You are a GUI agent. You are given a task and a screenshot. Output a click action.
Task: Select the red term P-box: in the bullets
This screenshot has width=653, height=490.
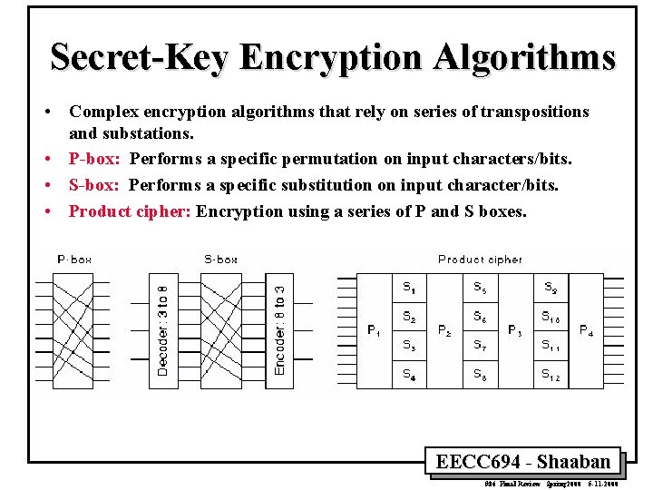coord(96,160)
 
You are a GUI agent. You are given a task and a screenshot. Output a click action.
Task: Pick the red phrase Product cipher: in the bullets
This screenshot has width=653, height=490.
coord(130,211)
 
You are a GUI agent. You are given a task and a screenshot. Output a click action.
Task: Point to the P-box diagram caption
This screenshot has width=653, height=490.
coord(74,260)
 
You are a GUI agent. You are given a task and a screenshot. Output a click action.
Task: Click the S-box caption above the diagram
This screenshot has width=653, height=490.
coord(220,260)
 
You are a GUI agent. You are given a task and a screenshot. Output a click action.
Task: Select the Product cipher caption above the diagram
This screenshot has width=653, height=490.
coord(480,260)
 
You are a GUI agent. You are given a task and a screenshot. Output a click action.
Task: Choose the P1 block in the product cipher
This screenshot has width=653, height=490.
coord(374,330)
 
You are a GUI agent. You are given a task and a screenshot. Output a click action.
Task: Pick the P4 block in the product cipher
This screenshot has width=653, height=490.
coord(587,330)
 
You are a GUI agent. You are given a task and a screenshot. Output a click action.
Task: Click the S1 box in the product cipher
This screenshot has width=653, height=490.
coord(409,289)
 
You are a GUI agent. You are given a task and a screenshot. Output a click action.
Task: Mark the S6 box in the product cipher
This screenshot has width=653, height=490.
coord(480,317)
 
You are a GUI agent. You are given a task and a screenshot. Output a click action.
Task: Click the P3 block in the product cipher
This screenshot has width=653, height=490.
coord(515,330)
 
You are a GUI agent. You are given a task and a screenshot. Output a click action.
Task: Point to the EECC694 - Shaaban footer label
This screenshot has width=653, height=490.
coord(523,462)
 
